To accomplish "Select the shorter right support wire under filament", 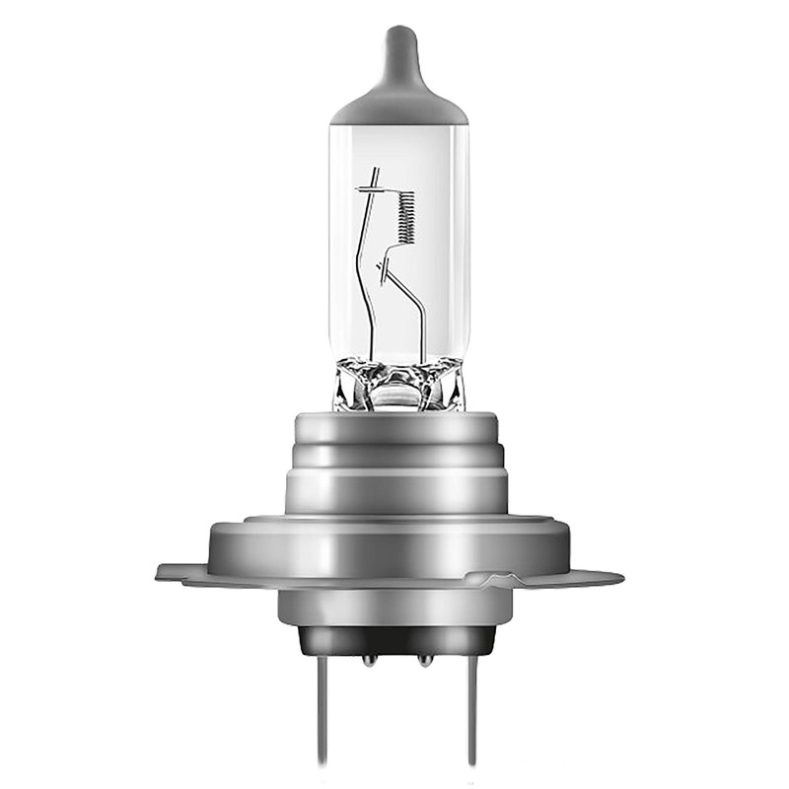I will pos(414,306).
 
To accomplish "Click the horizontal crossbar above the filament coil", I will pos(374,185).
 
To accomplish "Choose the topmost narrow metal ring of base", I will pos(394,427).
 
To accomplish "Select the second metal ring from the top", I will pos(394,456).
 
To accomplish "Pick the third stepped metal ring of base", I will pos(394,491).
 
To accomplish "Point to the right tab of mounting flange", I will pos(602,578).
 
